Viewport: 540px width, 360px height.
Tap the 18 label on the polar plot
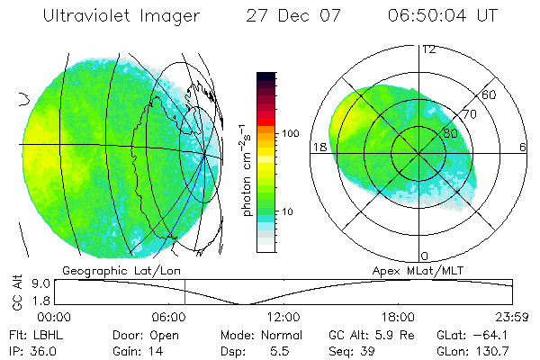pyautogui.click(x=319, y=147)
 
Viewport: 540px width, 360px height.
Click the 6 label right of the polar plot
pyautogui.click(x=523, y=147)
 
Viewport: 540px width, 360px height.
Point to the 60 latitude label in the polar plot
pyautogui.click(x=490, y=94)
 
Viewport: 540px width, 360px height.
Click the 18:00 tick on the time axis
pyautogui.click(x=398, y=316)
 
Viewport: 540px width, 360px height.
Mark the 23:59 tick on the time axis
pyautogui.click(x=509, y=316)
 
